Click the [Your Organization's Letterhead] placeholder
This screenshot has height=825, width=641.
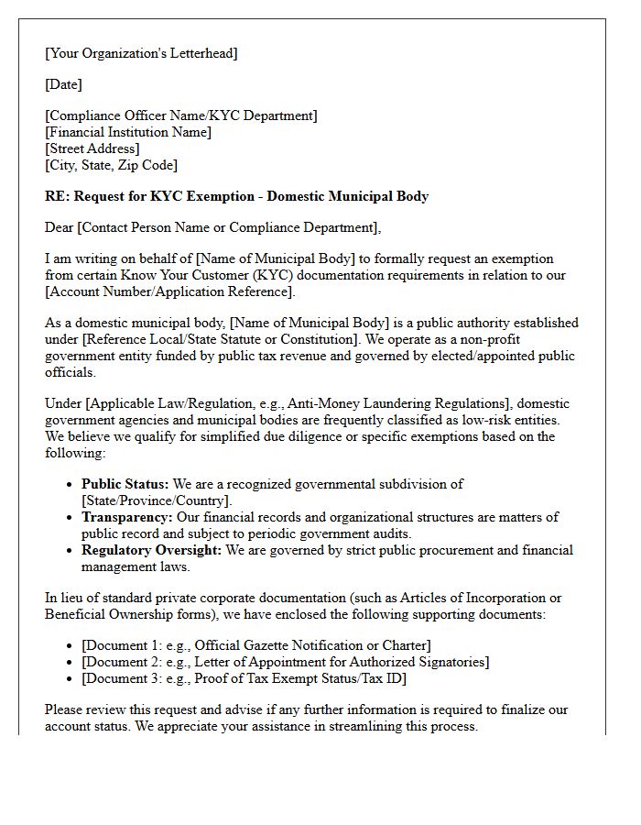pos(141,53)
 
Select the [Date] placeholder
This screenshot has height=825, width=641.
pos(63,84)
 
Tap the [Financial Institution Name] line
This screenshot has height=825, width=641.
pos(128,132)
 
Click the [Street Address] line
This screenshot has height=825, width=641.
pos(92,148)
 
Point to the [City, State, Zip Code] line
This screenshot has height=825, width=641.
pos(111,165)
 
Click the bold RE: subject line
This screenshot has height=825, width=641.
pos(236,196)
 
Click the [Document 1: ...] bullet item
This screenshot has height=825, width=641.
pos(255,645)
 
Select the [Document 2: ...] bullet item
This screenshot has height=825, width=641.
pos(285,662)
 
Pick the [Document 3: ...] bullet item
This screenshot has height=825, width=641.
pos(244,678)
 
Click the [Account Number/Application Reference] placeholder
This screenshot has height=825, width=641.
pos(169,291)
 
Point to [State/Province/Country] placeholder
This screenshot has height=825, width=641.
pos(157,500)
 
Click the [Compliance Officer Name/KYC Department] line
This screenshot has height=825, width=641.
pos(181,115)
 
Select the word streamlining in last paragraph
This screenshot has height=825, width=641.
pos(350,726)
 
